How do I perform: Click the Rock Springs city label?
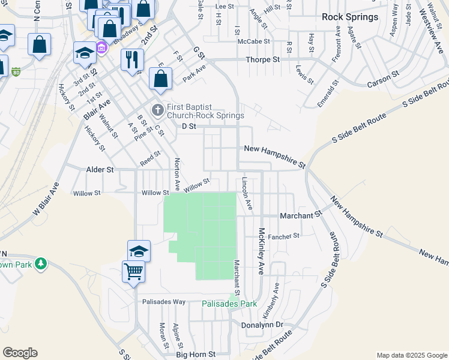350,17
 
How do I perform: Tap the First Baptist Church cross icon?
157,110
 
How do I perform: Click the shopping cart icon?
133,271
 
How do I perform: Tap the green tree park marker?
40,264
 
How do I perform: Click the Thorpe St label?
263,60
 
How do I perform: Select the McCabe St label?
253,42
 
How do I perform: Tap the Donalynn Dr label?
262,324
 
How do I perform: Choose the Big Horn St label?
196,355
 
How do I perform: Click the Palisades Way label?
163,302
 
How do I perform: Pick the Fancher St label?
283,236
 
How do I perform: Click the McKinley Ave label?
262,248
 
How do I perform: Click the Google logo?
20,353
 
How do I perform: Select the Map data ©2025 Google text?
411,355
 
